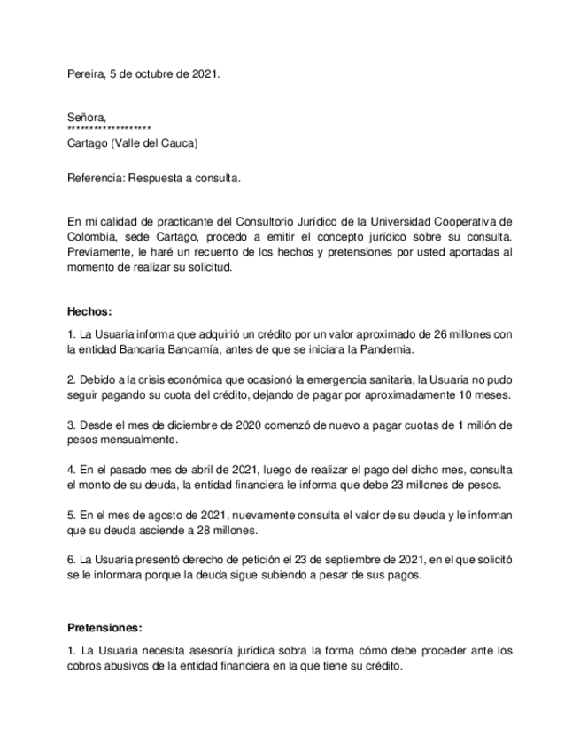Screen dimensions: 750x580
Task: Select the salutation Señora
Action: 87,117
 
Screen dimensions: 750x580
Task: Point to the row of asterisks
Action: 109,129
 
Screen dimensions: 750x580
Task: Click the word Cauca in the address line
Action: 176,142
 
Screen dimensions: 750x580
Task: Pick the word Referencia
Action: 96,178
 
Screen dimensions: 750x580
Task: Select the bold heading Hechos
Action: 89,311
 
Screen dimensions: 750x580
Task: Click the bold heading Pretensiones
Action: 104,628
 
